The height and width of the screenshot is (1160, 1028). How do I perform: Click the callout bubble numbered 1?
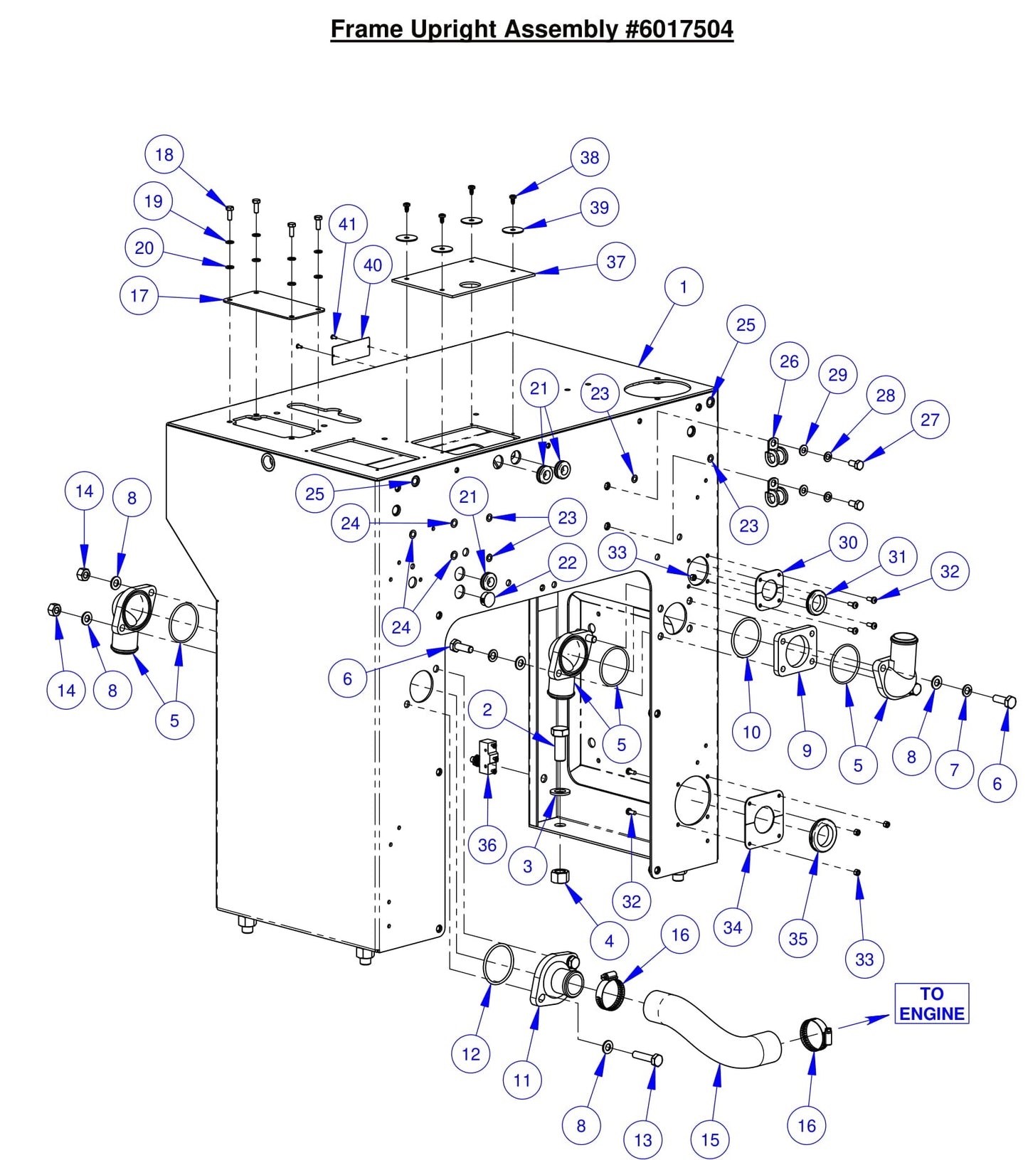684,287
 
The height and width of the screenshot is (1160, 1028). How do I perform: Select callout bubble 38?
590,157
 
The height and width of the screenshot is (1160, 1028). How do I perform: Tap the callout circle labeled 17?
139,295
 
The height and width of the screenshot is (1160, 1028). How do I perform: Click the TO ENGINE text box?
931,1004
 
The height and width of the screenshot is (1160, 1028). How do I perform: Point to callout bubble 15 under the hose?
710,1140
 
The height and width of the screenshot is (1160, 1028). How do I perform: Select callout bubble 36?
487,845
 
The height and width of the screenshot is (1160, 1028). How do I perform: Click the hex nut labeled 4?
560,876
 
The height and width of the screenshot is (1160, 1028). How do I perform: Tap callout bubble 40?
373,265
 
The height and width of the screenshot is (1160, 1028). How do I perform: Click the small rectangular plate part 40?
351,350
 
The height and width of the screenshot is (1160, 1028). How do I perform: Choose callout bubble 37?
616,262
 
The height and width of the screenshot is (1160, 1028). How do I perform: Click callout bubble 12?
471,1054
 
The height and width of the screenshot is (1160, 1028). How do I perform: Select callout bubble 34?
733,927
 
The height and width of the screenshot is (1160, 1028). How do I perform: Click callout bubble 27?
930,420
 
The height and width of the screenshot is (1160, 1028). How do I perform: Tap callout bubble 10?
751,732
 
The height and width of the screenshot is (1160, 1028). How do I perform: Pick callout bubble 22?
567,563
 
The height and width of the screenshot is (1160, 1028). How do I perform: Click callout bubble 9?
807,750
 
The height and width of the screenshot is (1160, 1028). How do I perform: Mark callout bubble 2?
487,709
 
